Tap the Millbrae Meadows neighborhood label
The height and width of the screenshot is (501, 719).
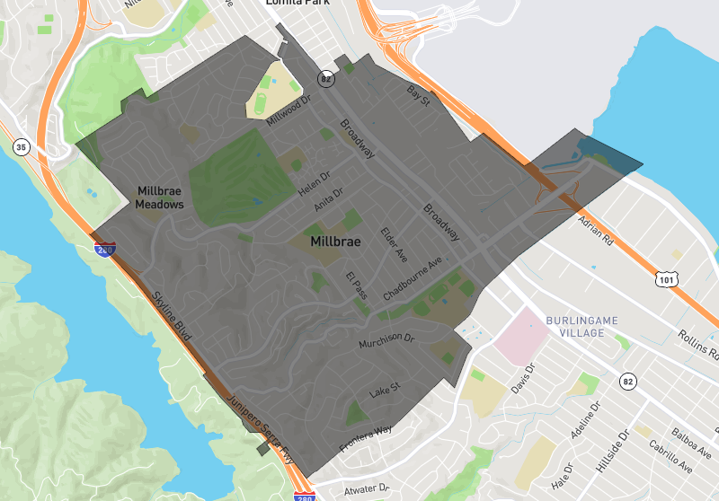(160, 198)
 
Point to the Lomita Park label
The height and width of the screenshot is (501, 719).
(300, 4)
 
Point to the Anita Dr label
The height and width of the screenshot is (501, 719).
(328, 200)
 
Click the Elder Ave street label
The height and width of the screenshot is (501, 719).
(394, 243)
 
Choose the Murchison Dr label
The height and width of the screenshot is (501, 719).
(386, 341)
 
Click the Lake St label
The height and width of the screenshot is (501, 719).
(384, 391)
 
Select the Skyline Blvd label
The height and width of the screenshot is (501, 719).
(171, 315)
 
